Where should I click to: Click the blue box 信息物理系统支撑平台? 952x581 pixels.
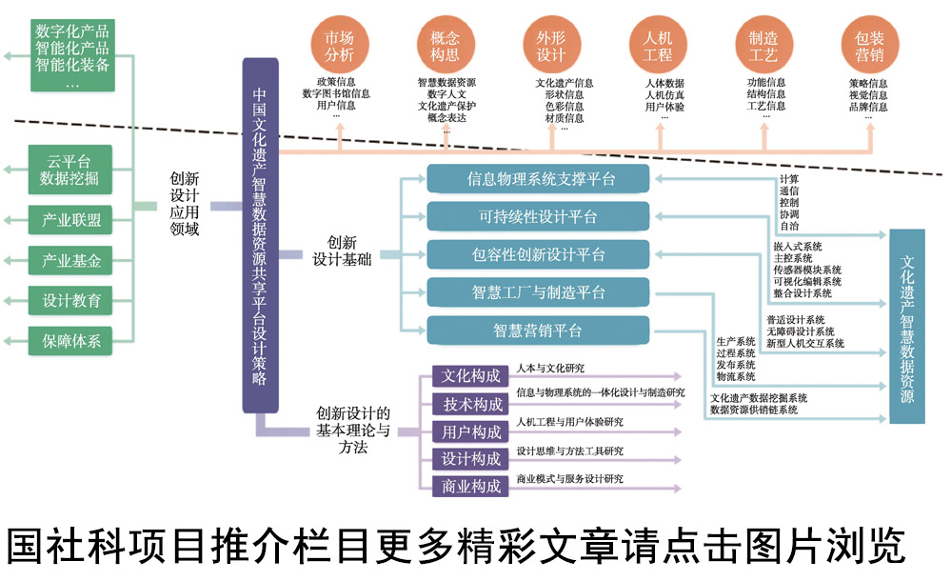538,179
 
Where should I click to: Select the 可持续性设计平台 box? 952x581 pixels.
538,217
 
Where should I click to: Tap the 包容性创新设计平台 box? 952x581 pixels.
538,254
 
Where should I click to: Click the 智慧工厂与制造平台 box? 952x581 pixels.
538,292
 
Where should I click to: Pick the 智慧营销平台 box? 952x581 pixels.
538,331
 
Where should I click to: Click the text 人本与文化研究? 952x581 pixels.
550,367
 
